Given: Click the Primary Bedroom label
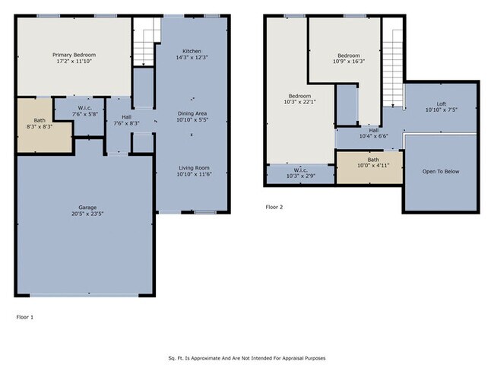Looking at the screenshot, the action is (74, 55).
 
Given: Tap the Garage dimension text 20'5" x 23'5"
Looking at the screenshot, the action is (87, 214).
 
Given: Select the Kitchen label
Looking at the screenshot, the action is (192, 51).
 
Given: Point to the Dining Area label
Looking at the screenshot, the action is (192, 113).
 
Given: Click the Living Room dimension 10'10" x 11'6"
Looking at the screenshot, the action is (194, 174).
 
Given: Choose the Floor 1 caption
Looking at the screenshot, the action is (25, 317).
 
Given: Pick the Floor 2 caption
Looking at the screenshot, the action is (274, 207).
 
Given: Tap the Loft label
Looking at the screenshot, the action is (442, 104).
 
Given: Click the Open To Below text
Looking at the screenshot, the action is (441, 172).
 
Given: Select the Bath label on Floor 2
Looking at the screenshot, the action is (373, 160).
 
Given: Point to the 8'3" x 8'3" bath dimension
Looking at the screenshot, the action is (40, 126).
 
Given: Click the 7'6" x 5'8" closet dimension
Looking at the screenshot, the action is (85, 114).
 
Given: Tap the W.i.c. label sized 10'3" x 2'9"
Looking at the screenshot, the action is (301, 170).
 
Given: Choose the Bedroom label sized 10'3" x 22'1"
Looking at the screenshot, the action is (300, 96).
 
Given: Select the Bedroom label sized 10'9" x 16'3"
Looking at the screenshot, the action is (349, 55).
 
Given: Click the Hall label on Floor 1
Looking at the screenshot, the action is (127, 117).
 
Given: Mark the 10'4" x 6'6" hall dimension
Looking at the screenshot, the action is (374, 136).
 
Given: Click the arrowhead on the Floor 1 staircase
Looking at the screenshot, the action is (144, 65).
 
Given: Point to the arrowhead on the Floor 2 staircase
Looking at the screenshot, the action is (393, 106).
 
